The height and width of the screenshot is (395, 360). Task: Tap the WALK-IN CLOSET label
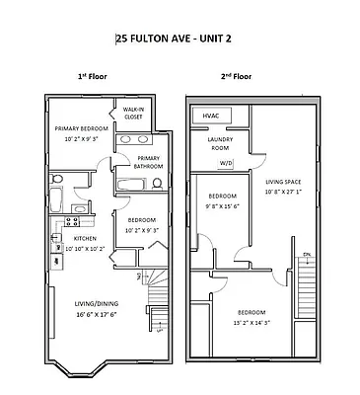133,113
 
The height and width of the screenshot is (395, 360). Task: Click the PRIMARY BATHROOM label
148,163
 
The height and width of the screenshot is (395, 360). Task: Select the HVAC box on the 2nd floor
210,116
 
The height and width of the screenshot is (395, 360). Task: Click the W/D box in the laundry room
226,163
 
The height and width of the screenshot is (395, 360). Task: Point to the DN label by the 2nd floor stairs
307,256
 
